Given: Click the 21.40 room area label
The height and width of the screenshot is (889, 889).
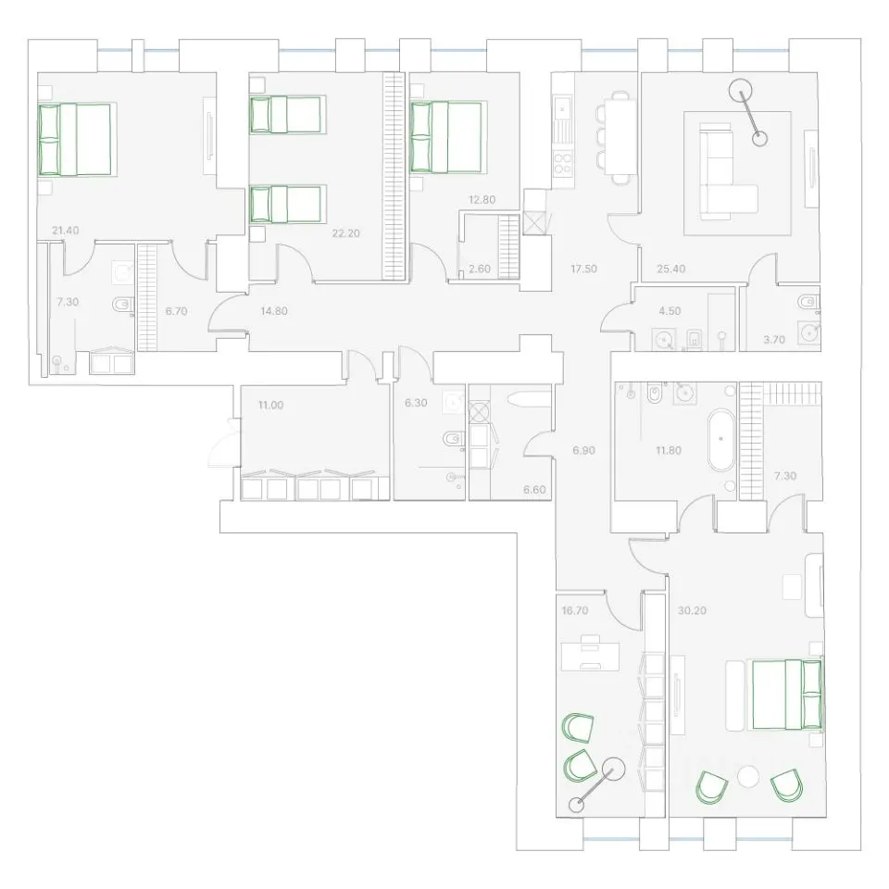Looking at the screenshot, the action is (x=65, y=231).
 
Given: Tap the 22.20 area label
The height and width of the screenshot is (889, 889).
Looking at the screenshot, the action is (x=345, y=233).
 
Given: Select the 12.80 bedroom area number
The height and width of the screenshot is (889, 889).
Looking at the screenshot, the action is (x=482, y=200).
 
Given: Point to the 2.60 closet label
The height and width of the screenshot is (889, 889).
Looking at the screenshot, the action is (x=480, y=269).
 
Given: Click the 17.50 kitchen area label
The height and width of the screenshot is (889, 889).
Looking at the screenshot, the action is (x=583, y=269).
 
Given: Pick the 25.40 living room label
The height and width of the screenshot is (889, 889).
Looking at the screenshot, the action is (x=671, y=269).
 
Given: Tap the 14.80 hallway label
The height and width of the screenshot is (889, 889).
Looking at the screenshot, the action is (x=274, y=311).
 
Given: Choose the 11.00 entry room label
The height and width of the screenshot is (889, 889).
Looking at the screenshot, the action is (x=270, y=405).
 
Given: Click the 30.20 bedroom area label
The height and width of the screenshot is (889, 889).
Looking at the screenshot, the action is (x=693, y=610).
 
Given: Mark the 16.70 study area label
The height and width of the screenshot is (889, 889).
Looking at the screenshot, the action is (x=575, y=610).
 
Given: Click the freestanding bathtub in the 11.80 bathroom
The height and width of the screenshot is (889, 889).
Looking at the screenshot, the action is (x=720, y=441).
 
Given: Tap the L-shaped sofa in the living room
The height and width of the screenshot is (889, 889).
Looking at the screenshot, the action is (x=726, y=173).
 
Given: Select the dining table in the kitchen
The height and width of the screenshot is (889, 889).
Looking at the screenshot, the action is (x=620, y=137).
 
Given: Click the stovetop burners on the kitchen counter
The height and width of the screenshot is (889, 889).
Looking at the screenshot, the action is (x=562, y=164).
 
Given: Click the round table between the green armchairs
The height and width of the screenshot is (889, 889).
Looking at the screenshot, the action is (x=748, y=776).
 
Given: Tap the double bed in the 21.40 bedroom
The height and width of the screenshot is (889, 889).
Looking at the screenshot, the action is (x=75, y=139).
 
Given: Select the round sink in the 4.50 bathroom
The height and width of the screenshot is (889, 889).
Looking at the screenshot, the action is (x=663, y=339).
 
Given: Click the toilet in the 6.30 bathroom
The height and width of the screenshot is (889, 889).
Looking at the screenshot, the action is (x=455, y=439).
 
